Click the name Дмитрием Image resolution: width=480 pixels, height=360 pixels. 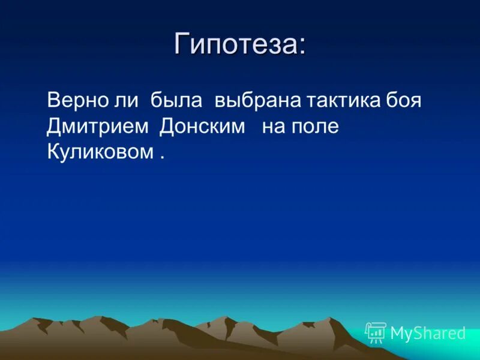pos(98,126)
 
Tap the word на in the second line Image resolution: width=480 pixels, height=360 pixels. pos(273,127)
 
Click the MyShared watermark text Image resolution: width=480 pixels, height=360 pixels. pos(428,333)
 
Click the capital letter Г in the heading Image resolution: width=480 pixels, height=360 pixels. pos(181,45)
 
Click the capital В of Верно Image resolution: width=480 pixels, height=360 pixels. pos(53,100)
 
